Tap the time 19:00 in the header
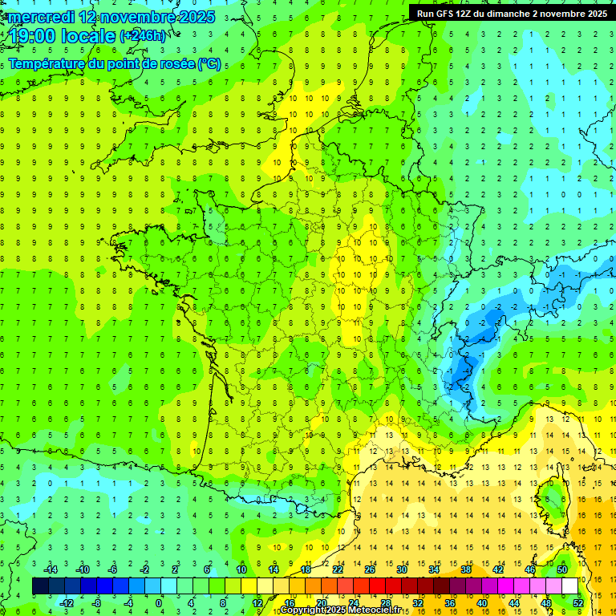37,36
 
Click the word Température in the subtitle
47,64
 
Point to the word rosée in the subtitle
172,64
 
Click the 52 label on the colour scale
577,602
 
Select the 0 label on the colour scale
159,602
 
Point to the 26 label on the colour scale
370,569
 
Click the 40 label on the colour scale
481,602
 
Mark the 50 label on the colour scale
562,569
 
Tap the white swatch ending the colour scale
569,586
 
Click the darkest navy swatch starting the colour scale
40,586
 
